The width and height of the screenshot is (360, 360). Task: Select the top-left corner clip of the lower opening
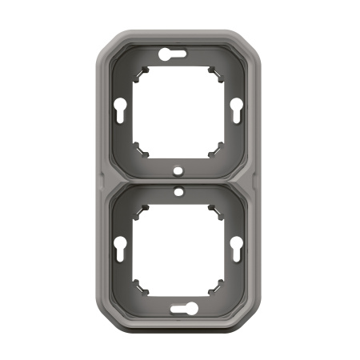point(142,209)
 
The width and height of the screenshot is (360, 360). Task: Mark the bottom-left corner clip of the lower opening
point(142,283)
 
